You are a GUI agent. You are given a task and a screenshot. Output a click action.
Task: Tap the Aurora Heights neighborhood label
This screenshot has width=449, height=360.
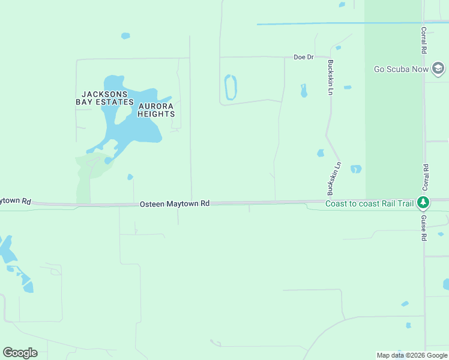tap(157, 110)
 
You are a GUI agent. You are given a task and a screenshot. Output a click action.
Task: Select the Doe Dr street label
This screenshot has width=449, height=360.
tap(304, 57)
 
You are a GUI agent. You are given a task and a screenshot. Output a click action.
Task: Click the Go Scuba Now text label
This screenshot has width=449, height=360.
tap(402, 69)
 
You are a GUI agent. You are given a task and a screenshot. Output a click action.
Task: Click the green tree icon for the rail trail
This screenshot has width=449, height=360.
tap(424, 203)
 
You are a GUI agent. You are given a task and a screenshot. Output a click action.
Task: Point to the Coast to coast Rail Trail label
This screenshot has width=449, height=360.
tap(369, 204)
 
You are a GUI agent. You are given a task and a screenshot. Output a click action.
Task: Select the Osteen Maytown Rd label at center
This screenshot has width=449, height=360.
tap(175, 204)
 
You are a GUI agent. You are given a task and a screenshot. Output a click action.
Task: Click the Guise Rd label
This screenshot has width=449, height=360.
tap(423, 228)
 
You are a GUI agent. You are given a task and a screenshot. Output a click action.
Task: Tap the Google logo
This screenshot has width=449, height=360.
tap(20, 353)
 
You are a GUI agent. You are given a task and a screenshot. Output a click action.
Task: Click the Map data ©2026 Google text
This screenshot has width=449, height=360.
tap(412, 355)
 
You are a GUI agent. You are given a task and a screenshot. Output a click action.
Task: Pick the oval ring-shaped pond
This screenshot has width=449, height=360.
tap(230, 88)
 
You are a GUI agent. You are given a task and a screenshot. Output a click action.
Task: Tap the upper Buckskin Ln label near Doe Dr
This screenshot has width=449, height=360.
tap(330, 77)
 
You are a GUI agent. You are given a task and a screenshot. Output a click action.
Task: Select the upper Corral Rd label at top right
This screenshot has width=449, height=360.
tap(424, 40)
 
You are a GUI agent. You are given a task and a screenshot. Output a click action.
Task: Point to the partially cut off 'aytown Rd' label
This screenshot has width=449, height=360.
tap(15, 201)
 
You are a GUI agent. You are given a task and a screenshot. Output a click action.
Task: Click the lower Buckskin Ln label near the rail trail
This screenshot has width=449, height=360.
tap(334, 179)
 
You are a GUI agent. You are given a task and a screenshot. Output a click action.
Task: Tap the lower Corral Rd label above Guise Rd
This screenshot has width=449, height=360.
tap(425, 177)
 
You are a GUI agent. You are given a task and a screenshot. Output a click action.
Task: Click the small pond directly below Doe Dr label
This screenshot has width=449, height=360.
tap(304, 91)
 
